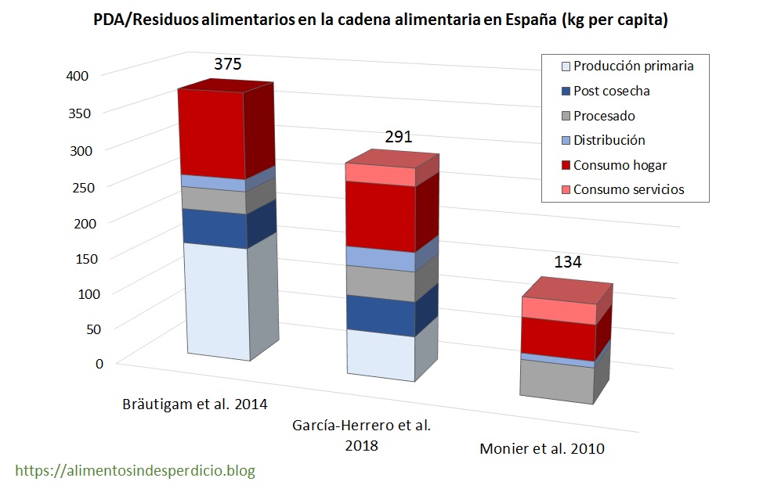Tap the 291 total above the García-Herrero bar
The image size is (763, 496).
point(398,138)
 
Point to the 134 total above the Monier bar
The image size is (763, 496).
point(568,261)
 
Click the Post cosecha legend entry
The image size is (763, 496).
point(611,91)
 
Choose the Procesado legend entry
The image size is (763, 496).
point(603,116)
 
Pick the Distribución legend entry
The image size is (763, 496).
point(609,140)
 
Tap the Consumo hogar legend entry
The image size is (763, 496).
point(620,165)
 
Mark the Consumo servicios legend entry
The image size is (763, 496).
point(628,189)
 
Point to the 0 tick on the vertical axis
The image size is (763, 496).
point(99,363)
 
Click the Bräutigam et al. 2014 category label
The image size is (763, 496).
point(195,404)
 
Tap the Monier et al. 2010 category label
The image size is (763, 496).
point(541,449)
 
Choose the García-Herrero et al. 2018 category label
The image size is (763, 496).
point(361,436)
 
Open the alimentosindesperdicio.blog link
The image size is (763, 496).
point(136,471)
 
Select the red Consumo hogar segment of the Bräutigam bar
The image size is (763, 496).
point(213,133)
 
